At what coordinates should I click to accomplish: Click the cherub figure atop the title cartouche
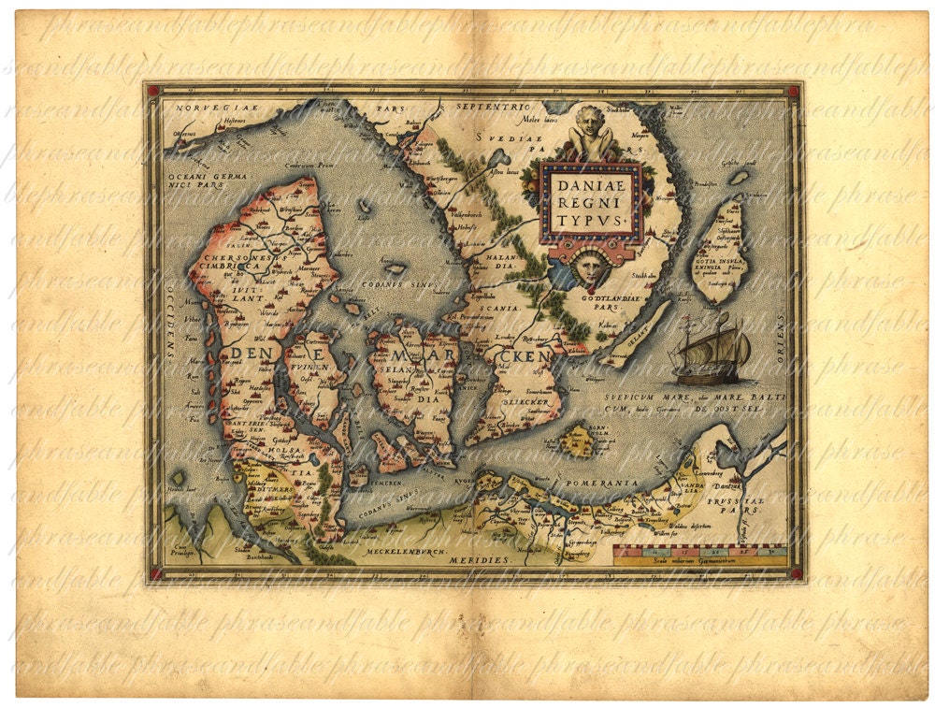[587, 134]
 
